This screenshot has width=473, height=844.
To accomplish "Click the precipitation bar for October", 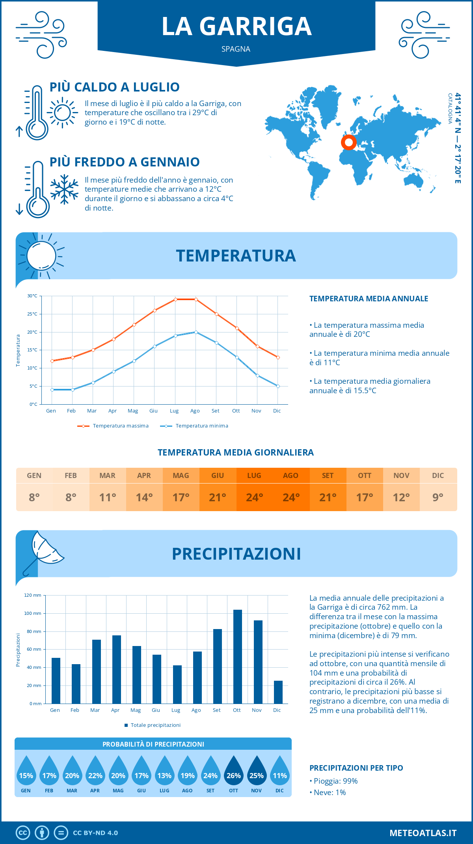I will (x=237, y=657).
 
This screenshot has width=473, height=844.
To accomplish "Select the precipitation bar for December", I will (x=278, y=692).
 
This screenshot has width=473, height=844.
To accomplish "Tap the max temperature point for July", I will (x=175, y=299).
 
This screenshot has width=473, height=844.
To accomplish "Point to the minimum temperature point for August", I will (x=196, y=332).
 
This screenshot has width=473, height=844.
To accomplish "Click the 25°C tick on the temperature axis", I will (x=32, y=314).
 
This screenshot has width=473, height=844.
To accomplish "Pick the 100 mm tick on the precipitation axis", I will (x=33, y=613).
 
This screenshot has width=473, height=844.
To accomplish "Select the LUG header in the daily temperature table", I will (x=254, y=476).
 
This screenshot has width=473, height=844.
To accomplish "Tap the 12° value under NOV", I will (x=401, y=497).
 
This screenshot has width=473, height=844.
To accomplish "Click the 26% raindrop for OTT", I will (x=233, y=771).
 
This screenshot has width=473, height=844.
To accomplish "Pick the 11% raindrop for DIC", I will (x=279, y=771).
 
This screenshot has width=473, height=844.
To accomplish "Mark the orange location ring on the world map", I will (x=348, y=142).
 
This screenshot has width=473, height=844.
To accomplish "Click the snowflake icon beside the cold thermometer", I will (x=64, y=189).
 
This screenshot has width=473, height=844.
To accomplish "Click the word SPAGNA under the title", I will (x=236, y=49).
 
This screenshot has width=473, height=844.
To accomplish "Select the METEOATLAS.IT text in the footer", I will (x=423, y=833).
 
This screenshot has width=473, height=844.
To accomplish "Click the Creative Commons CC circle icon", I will (x=23, y=833).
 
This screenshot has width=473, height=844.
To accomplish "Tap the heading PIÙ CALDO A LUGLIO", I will (x=114, y=87).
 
